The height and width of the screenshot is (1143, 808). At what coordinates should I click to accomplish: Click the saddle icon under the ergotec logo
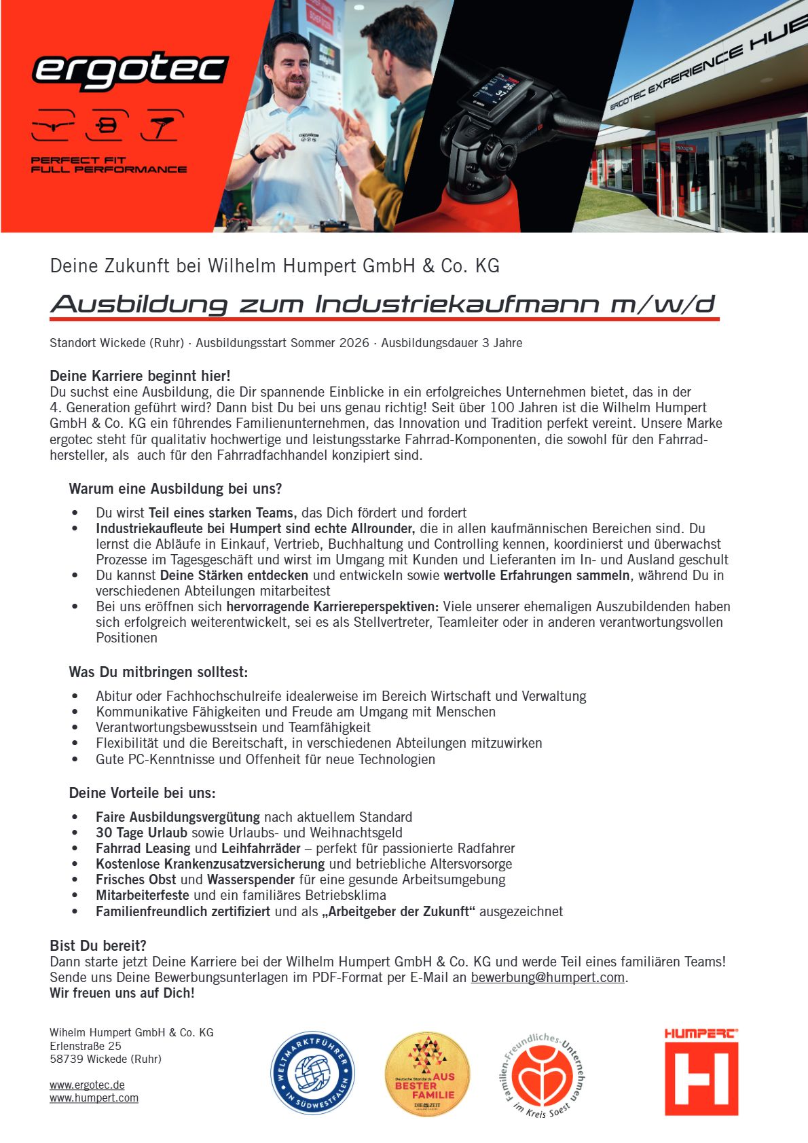click(162, 126)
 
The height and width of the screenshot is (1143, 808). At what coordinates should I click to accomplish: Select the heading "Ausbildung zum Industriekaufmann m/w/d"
click(384, 304)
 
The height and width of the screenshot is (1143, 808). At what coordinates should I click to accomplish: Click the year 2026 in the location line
click(346, 343)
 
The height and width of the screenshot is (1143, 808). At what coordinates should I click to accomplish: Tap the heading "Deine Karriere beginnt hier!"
click(140, 376)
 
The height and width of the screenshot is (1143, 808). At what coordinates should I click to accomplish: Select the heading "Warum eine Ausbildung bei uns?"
click(175, 488)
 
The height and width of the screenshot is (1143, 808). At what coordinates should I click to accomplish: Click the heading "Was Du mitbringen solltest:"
click(158, 672)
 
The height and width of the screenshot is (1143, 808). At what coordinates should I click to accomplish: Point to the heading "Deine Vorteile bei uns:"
click(142, 793)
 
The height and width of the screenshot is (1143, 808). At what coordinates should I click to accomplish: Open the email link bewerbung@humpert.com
click(547, 977)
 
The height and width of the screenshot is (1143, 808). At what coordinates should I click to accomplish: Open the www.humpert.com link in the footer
click(94, 1097)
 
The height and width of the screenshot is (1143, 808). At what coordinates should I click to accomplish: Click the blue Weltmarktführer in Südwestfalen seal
click(312, 1073)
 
